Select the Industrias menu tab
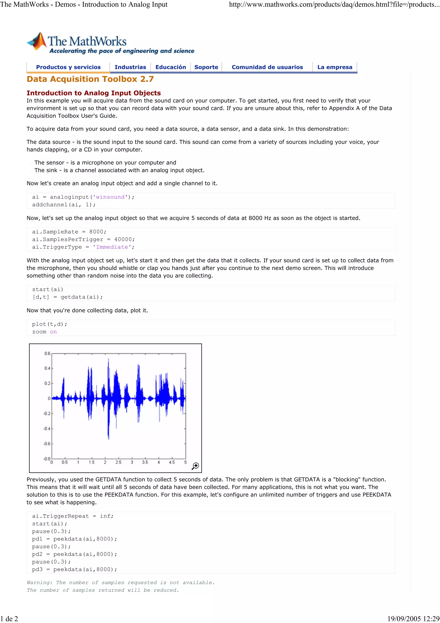click(130, 67)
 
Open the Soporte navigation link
click(206, 67)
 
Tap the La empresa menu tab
click(335, 67)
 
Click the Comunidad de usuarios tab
click(267, 67)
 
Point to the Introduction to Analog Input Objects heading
click(93, 93)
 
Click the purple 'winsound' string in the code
click(110, 197)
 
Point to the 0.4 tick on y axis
click(47, 368)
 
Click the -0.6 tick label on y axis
click(47, 444)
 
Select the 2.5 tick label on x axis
click(118, 462)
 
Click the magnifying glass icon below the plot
click(195, 466)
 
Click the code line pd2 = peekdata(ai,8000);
click(74, 554)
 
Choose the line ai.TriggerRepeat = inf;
click(73, 516)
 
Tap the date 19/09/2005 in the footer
click(404, 619)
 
